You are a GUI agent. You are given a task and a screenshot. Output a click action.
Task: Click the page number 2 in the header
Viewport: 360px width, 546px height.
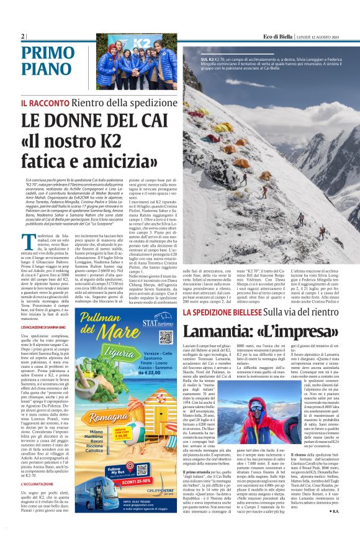pyautogui.click(x=22, y=36)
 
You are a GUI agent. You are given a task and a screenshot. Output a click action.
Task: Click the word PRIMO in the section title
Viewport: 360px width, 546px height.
pyautogui.click(x=47, y=53)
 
